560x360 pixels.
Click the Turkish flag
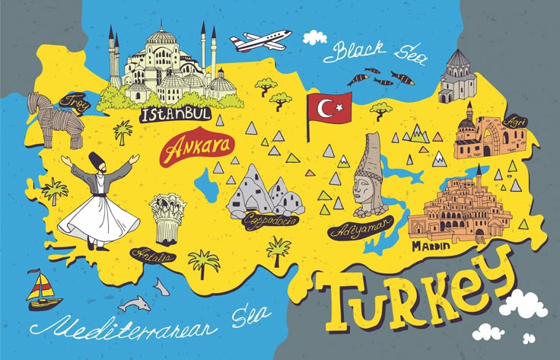coord(328,110)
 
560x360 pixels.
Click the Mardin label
coord(430,246)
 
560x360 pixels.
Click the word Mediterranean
coord(122,327)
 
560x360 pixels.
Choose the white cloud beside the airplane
coord(314,36)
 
